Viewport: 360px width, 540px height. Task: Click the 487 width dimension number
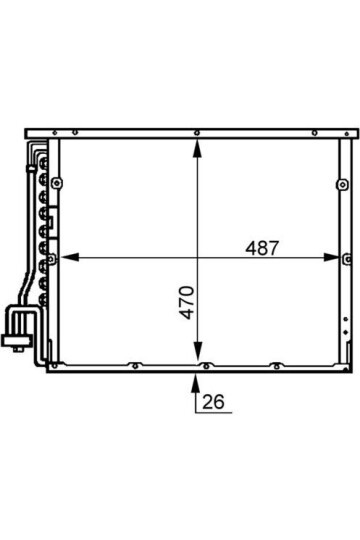coord(261,248)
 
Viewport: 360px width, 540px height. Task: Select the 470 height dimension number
coord(187,302)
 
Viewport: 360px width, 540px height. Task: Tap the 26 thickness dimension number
coord(213,402)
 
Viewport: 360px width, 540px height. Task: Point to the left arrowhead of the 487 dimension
coord(70,257)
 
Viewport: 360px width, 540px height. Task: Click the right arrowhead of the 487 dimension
coord(331,257)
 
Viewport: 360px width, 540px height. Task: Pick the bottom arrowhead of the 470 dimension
coord(197,351)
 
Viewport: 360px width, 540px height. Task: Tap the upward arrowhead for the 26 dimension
coord(195,383)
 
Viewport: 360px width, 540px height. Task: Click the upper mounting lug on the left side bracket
coord(57,183)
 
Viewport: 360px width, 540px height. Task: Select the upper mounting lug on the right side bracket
coord(342,185)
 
